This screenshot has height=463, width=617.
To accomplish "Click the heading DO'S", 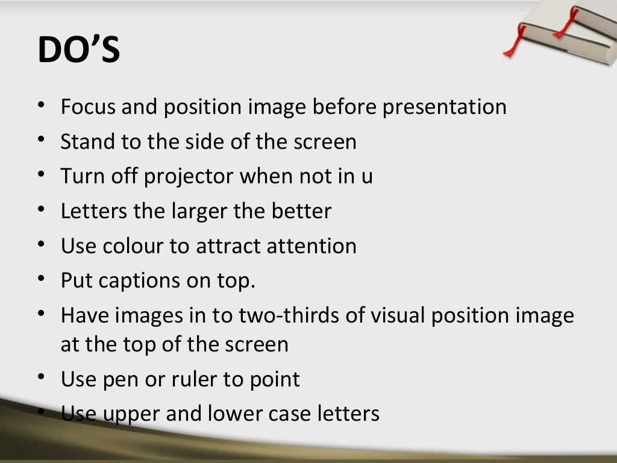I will coord(78,49).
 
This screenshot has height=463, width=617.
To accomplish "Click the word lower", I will coord(236,414).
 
